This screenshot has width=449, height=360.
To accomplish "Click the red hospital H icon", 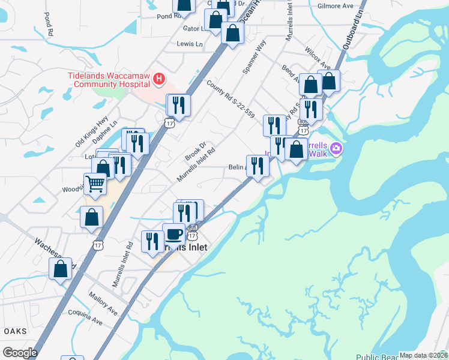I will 159,79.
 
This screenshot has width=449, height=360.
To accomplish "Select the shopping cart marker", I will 95,184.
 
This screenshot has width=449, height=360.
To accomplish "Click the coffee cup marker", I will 174,234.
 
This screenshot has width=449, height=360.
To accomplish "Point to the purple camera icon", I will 337,148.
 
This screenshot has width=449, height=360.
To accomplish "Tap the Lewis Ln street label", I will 190,44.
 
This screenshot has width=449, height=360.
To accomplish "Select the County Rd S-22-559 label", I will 231,99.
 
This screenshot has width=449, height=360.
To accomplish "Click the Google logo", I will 20,353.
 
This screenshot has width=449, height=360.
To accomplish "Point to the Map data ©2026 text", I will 423,355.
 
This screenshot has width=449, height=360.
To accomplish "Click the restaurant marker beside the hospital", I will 178,106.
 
